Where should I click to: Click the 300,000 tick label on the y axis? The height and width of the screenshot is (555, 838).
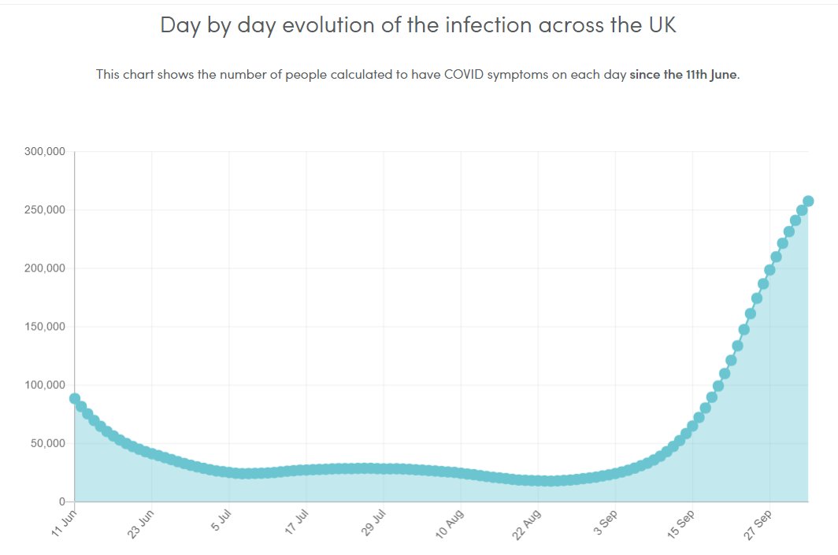point(44,151)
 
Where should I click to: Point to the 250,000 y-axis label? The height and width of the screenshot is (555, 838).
point(44,210)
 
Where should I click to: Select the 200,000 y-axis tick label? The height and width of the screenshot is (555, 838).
point(44,268)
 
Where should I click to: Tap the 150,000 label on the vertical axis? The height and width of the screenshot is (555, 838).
point(44,327)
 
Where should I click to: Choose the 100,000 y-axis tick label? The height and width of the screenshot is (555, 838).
point(44,385)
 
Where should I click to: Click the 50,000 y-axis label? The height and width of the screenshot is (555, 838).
point(47,443)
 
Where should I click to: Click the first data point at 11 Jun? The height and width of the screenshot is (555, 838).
point(75,398)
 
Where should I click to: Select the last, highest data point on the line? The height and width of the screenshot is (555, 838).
point(808,202)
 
